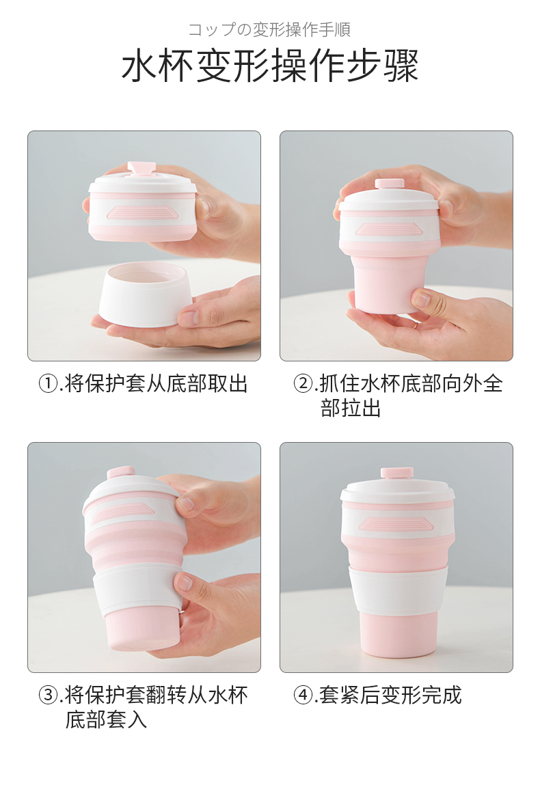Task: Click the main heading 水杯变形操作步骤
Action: [x=270, y=66]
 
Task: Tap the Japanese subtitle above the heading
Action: [x=269, y=29]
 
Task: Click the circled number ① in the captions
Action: [x=49, y=383]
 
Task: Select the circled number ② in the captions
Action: [x=303, y=383]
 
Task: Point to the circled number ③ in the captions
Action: [x=49, y=695]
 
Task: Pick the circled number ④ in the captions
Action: [x=303, y=695]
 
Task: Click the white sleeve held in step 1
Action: [x=148, y=294]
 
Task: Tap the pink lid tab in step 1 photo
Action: [x=141, y=169]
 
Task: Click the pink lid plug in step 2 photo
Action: [x=390, y=184]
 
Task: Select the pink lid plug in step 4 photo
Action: [x=397, y=473]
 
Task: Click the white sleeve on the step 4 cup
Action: [x=398, y=590]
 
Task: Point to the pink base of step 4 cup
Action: [x=398, y=636]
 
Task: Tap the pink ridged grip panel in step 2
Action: [x=390, y=229]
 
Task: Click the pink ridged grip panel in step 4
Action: [x=396, y=524]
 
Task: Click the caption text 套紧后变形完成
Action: [x=390, y=695]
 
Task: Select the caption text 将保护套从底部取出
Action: [x=157, y=383]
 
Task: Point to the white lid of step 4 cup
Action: [x=398, y=491]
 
